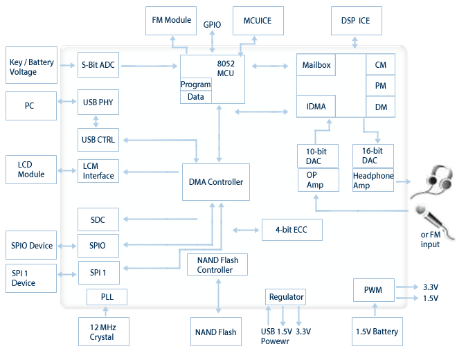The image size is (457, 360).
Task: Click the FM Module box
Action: [x=171, y=21]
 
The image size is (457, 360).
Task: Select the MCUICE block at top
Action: [x=258, y=21]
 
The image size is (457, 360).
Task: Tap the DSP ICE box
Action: [x=355, y=21]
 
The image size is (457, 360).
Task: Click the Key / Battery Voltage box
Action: [x=31, y=66]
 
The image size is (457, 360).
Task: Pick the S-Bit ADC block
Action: [x=98, y=65]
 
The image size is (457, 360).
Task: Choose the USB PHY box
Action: [x=98, y=102]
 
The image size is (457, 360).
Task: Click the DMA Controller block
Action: [x=216, y=182]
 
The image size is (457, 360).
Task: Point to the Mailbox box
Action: [x=317, y=65]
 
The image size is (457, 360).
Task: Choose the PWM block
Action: [x=374, y=291]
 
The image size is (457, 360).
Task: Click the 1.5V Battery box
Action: [x=377, y=332]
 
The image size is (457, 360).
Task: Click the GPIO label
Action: [x=212, y=25]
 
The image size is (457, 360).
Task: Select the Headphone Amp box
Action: [x=373, y=181]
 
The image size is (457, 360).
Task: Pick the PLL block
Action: [x=107, y=297]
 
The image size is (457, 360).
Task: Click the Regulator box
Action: [x=286, y=297]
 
